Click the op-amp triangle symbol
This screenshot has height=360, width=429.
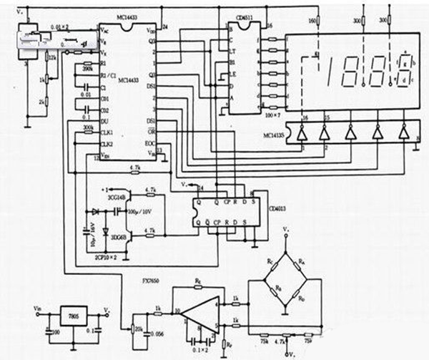(193, 315)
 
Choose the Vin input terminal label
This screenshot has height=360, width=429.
(37, 309)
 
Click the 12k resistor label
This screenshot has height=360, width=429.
(51, 56)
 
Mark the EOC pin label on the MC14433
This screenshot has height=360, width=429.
(149, 143)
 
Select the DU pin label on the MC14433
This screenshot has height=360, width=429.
(105, 122)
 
